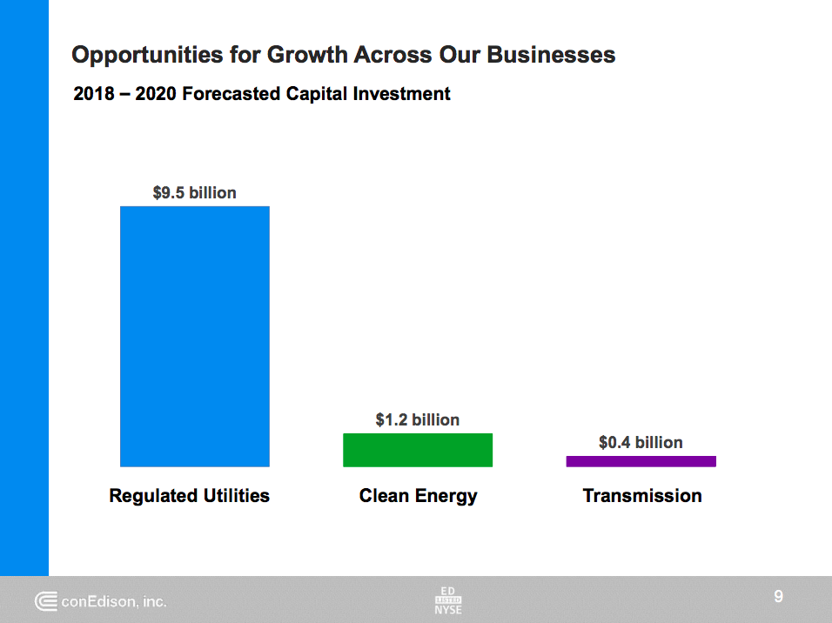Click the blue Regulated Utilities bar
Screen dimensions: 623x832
tap(194, 336)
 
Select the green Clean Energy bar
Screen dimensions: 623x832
tap(418, 450)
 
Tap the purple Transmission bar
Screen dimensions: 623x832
tap(641, 461)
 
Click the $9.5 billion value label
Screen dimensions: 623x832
tap(194, 193)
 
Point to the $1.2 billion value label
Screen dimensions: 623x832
tap(417, 420)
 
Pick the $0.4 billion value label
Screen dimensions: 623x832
tap(641, 443)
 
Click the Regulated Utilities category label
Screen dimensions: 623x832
tap(189, 496)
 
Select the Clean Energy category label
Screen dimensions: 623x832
tap(418, 496)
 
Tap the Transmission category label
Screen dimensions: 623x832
tap(641, 496)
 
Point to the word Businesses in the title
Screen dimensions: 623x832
tap(550, 56)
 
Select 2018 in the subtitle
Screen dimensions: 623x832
tap(94, 94)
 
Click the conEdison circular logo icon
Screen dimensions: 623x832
tap(46, 601)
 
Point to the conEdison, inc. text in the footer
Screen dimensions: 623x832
tap(114, 601)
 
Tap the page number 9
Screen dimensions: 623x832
tap(778, 597)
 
